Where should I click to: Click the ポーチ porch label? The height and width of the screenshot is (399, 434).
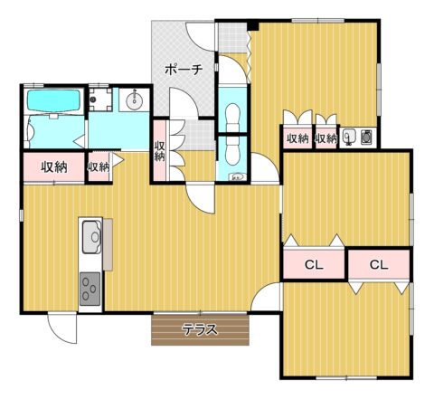pyautogui.click(x=184, y=70)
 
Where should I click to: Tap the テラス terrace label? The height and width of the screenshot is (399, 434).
pyautogui.click(x=201, y=329)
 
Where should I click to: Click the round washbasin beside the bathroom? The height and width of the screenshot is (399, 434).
pyautogui.click(x=134, y=100)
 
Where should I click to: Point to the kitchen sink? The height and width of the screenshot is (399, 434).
pyautogui.click(x=92, y=237)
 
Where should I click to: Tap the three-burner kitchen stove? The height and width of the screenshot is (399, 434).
pyautogui.click(x=90, y=289)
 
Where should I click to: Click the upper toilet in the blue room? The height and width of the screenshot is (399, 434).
pyautogui.click(x=232, y=115)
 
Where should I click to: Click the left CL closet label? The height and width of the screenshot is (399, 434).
pyautogui.click(x=314, y=265)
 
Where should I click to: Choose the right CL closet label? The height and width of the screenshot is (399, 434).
pyautogui.click(x=379, y=265)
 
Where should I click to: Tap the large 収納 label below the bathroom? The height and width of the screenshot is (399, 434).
pyautogui.click(x=54, y=167)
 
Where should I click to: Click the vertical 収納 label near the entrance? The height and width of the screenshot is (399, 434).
pyautogui.click(x=159, y=151)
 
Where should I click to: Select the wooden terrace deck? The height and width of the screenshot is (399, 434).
pyautogui.click(x=200, y=329)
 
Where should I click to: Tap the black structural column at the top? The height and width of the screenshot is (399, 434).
pyautogui.click(x=253, y=25)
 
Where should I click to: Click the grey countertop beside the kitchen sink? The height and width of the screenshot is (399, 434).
pyautogui.click(x=108, y=244)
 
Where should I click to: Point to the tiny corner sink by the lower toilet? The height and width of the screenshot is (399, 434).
pyautogui.click(x=238, y=176)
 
